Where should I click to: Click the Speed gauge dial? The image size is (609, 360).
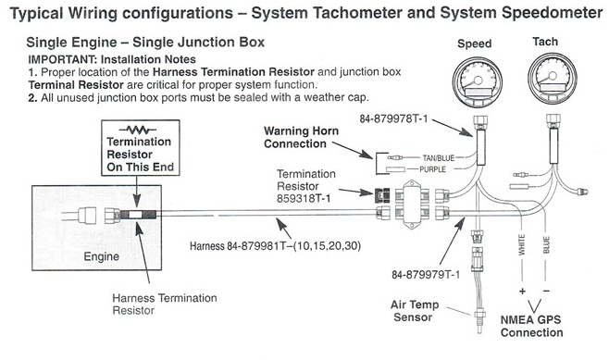(477, 81)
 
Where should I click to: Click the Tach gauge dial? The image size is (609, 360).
(553, 79)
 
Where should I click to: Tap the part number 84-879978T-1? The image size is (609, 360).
(393, 118)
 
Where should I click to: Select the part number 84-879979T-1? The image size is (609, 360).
(426, 275)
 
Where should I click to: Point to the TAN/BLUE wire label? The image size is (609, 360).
(438, 157)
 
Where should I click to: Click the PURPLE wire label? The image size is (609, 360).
(432, 169)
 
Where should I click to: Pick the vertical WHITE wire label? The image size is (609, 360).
(522, 244)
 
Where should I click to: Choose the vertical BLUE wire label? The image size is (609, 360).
(546, 244)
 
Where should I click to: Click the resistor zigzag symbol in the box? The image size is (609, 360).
(138, 130)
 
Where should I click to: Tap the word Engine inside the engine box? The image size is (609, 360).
(102, 256)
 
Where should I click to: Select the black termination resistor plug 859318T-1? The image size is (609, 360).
(383, 195)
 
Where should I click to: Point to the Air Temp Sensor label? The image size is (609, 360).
(415, 311)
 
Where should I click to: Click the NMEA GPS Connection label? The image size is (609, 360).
(531, 326)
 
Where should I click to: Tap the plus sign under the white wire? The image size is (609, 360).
(522, 292)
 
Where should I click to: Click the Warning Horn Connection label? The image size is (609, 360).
(301, 137)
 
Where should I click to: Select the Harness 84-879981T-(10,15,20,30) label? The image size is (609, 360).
(275, 246)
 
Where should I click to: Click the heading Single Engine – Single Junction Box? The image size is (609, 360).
(145, 42)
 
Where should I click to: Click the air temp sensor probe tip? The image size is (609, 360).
(480, 331)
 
